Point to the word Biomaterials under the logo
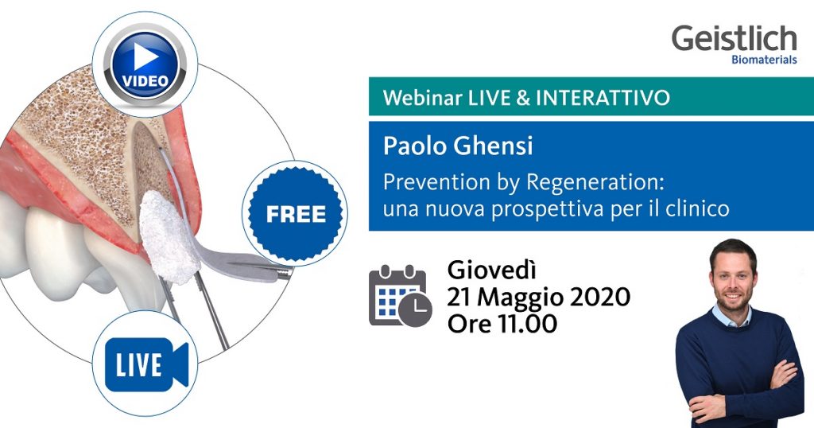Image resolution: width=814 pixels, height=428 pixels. [763, 60]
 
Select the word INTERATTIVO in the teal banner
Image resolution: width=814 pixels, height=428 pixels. [603, 98]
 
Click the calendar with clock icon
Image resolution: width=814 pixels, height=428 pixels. [399, 297]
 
